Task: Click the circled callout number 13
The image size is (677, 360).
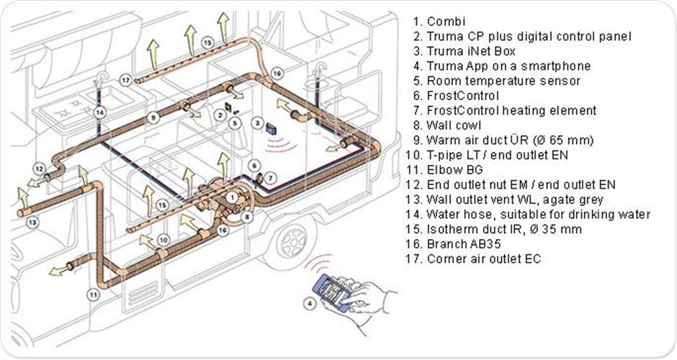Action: [x=31, y=222]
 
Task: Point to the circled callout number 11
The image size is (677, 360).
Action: [x=93, y=293]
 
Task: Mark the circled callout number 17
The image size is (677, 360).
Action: [x=126, y=80]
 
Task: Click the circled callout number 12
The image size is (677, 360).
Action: [x=38, y=168]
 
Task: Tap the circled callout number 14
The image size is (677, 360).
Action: [x=100, y=112]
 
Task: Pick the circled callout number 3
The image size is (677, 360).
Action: [x=257, y=123]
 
